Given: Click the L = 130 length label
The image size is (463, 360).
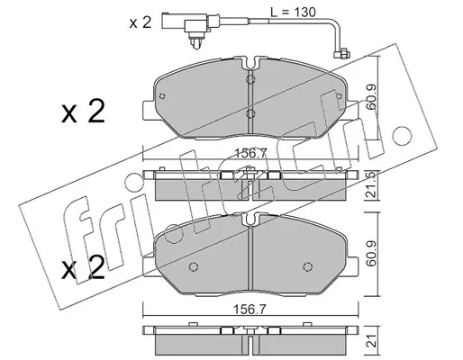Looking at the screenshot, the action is tap(293, 12).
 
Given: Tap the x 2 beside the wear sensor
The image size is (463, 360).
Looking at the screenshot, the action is tap(141, 22).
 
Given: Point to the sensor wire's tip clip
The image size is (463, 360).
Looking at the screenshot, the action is tap(342, 54).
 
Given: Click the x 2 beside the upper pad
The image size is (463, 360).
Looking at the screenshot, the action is tap(83, 112).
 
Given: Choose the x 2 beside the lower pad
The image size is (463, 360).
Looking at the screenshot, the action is tap(83, 267).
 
